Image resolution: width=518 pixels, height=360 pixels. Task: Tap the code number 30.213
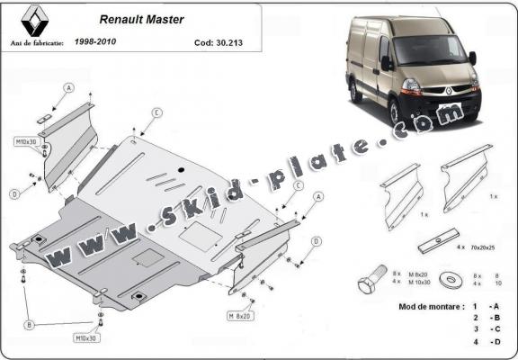[x=225, y=41]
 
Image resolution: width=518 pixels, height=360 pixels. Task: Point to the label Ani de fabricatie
[x=39, y=41]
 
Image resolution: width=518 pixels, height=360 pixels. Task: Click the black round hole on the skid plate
[x=181, y=171]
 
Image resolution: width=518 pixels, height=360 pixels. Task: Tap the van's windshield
[x=430, y=51]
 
